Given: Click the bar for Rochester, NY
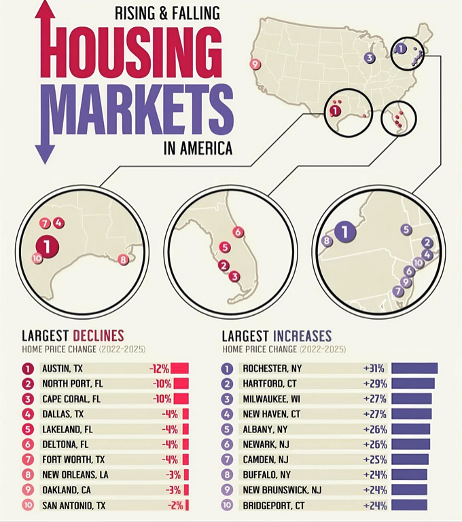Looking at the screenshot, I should coord(414,369).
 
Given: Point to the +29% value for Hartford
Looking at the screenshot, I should coord(374,384).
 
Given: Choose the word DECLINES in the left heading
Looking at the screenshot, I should coord(99,335).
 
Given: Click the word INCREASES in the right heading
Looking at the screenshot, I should coord(302,335).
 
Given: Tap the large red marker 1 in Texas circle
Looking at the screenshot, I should coord(47,244).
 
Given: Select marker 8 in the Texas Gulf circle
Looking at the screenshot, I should coord(123,259).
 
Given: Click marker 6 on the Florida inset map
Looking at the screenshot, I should coord(238,232).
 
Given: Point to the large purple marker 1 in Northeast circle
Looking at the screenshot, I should coord(346,233).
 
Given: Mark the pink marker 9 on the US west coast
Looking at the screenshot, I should coord(255,64).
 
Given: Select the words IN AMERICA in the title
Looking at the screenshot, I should coord(198,148).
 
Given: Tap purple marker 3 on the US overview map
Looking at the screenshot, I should coord(369,58).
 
